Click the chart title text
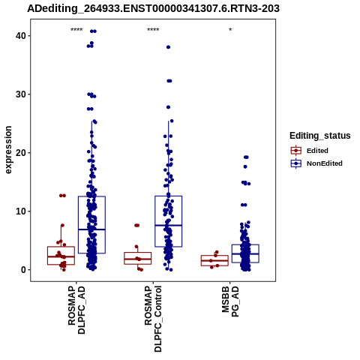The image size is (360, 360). [153, 8]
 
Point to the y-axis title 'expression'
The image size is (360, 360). [8, 150]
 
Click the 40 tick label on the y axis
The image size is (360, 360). [21, 36]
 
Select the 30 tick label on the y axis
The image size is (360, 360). [21, 94]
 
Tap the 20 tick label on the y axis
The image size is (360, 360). [21, 153]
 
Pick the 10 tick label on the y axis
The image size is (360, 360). [21, 211]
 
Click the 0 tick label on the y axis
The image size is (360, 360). [23, 270]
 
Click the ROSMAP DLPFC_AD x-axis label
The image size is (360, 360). [76, 310]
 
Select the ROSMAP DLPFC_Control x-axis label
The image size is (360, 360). [153, 319]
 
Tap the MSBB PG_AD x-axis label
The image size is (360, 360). [230, 301]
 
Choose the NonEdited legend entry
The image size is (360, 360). [316, 163]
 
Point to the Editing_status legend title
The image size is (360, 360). [320, 136]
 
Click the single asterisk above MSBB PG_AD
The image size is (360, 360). [230, 30]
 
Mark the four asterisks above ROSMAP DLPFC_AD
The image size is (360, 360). [76, 30]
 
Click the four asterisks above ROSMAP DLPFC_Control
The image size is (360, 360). [153, 30]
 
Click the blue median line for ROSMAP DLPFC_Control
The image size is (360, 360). [169, 225]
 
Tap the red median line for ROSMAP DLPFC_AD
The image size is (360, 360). [61, 256]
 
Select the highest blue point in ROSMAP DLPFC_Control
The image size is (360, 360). [168, 47]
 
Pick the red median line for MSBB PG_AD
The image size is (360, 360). [214, 260]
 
